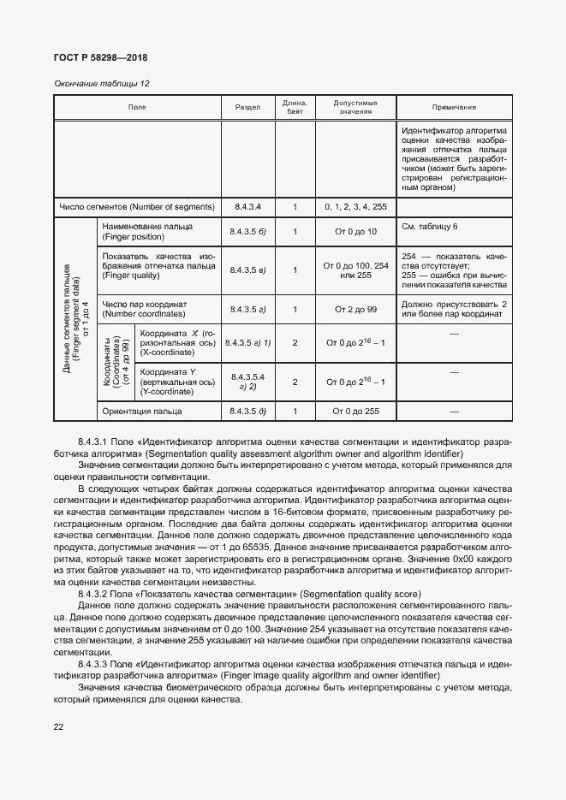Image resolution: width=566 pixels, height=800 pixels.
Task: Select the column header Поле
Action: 137,107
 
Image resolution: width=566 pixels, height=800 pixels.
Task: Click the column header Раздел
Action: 247,107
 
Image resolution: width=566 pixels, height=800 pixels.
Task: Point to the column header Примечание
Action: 454,107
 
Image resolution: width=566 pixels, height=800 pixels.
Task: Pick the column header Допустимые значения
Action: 355,107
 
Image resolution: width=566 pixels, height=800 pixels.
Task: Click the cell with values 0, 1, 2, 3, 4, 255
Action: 355,207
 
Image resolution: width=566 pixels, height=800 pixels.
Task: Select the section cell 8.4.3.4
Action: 247,207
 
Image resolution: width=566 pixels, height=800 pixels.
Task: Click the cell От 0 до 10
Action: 355,232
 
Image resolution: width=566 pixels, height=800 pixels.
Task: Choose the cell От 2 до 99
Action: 355,308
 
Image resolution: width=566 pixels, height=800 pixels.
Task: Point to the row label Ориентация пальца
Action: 141,412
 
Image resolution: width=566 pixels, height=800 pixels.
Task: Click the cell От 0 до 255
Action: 355,412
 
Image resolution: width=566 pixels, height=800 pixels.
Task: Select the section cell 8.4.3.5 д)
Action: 247,412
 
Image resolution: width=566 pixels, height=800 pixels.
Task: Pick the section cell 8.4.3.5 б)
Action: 247,232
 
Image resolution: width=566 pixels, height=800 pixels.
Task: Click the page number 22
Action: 59,727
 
